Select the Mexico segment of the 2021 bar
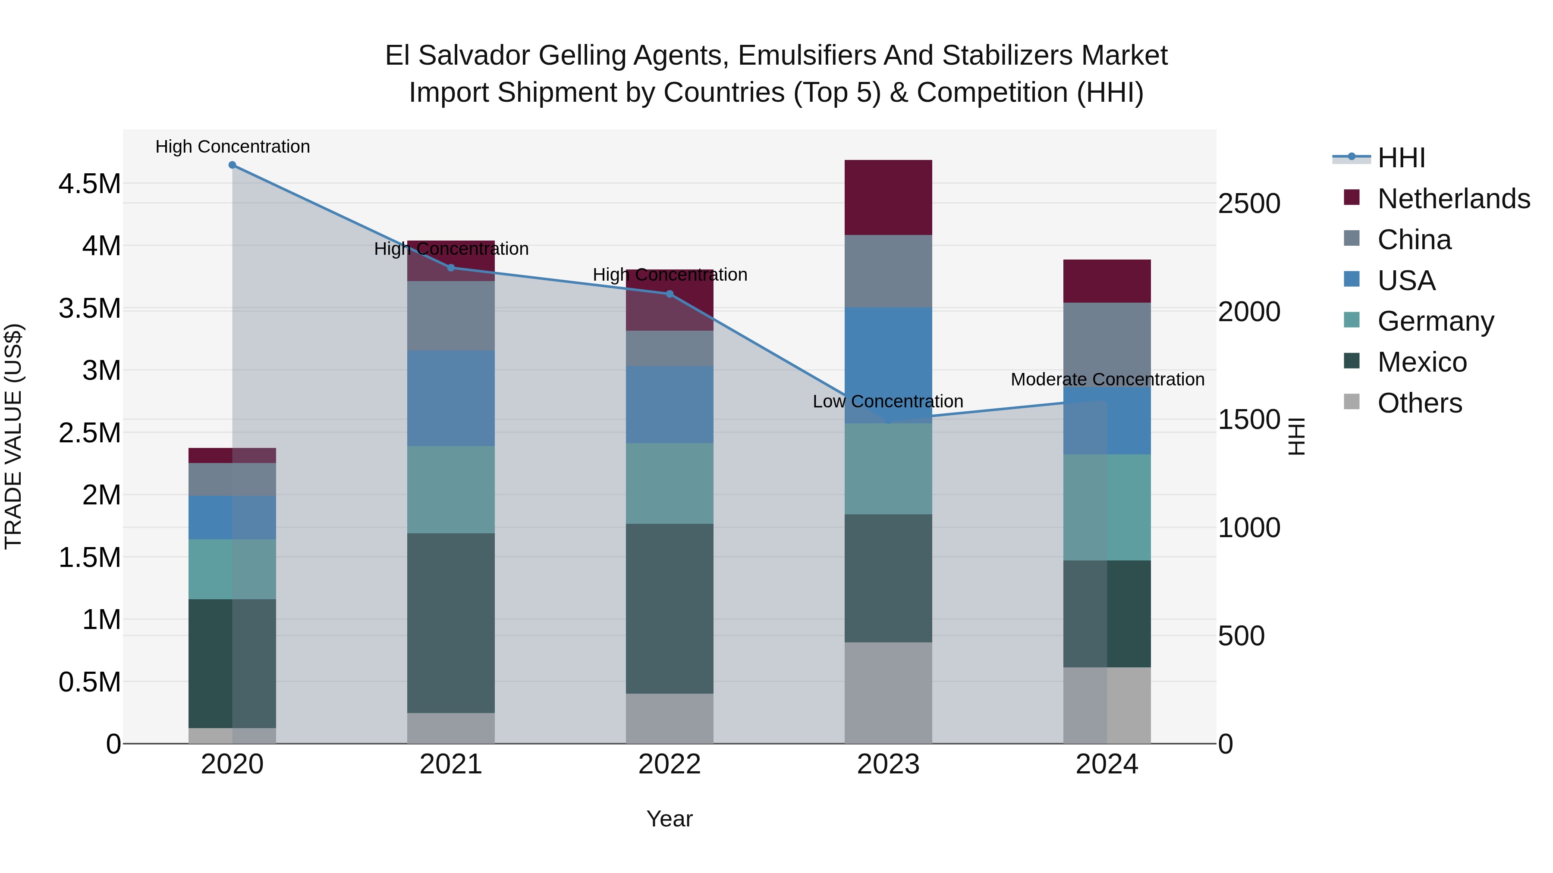coord(451,623)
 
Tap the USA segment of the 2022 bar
coord(669,404)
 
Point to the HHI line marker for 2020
coord(232,165)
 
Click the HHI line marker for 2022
coord(669,294)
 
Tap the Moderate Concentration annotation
coord(1107,379)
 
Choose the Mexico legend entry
coord(1421,362)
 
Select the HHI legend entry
coord(1401,158)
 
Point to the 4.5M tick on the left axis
coord(89,184)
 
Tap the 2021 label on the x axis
coord(451,764)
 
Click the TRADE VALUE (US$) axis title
coord(13,436)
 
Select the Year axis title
coord(669,819)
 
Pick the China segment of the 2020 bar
coord(232,479)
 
